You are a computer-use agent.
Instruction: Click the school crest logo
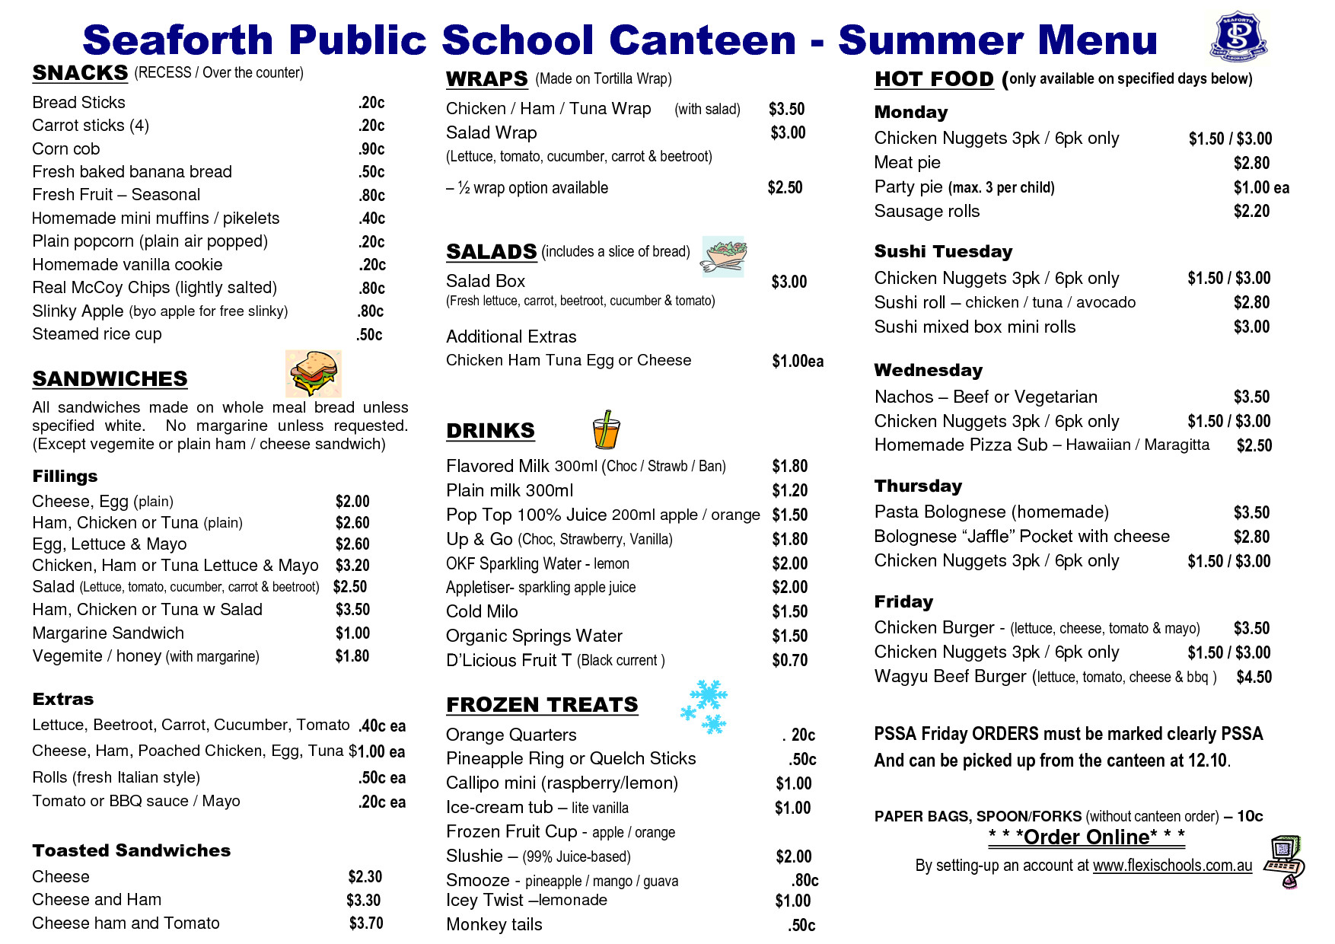pyautogui.click(x=1238, y=36)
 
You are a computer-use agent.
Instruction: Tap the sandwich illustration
pyautogui.click(x=313, y=373)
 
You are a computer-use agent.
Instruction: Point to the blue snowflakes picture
pyautogui.click(x=704, y=707)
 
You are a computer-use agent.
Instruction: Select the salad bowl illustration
pyautogui.click(x=723, y=256)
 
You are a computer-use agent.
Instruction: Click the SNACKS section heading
pyautogui.click(x=80, y=73)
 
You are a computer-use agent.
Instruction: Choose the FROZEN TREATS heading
pyautogui.click(x=542, y=705)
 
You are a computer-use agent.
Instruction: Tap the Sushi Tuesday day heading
pyautogui.click(x=943, y=252)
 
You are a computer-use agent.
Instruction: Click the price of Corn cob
pyautogui.click(x=371, y=149)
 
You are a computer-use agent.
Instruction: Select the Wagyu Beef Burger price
pyautogui.click(x=1254, y=677)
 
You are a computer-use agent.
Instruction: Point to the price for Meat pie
pyautogui.click(x=1251, y=163)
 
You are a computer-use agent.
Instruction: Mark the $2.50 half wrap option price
pyautogui.click(x=785, y=188)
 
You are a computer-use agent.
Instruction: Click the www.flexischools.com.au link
pyautogui.click(x=1172, y=866)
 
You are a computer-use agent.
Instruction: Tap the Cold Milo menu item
pyautogui.click(x=482, y=612)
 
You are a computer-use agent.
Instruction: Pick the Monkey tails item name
pyautogui.click(x=494, y=925)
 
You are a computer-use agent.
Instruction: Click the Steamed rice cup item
pyautogui.click(x=97, y=334)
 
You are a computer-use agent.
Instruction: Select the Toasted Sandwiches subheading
pyautogui.click(x=131, y=851)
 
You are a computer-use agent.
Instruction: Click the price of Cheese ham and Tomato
pyautogui.click(x=366, y=923)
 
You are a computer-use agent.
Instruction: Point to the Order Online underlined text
pyautogui.click(x=1086, y=837)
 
